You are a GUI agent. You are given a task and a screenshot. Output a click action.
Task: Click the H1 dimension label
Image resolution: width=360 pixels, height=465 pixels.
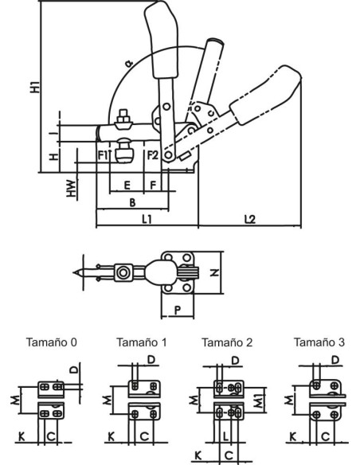coord(35,87)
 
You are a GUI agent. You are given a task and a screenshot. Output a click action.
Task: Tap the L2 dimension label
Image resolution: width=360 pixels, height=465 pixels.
coord(249,219)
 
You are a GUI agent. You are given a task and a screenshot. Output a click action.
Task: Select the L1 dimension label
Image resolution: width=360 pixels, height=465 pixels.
coord(147,219)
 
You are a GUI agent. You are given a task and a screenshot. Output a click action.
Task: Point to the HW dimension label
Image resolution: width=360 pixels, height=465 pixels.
coord(71,189)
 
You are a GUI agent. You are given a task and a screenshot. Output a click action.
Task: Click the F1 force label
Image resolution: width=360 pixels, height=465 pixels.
coord(103,155)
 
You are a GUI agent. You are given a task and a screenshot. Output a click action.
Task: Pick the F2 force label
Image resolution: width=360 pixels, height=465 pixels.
coord(153,154)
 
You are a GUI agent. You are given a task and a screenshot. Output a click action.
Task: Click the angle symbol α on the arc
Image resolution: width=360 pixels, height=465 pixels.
coord(129,63)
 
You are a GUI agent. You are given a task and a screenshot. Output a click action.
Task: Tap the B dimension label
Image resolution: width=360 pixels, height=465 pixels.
coord(132,202)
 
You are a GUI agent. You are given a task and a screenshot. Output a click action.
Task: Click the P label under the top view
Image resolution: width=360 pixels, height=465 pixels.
coord(178,311)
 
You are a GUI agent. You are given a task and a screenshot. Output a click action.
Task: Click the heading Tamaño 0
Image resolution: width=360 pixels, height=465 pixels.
coord(52,342)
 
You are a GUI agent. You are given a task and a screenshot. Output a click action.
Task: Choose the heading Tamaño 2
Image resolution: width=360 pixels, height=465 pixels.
coord(227,342)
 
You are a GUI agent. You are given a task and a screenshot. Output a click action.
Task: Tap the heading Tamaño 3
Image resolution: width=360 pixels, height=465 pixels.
coord(319,342)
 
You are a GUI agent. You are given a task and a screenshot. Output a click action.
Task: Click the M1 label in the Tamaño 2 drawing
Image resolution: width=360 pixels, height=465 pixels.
coord(259,401)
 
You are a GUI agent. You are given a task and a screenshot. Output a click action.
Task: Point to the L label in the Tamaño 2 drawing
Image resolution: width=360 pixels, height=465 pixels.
coord(225,436)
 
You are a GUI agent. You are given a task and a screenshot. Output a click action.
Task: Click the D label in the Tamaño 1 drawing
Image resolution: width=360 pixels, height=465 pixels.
coord(151,360)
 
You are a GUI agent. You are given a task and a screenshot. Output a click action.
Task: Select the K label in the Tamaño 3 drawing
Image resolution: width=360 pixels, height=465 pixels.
coord(292,436)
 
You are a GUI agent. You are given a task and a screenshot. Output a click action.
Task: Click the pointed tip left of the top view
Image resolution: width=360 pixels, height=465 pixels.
coord(74,272)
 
